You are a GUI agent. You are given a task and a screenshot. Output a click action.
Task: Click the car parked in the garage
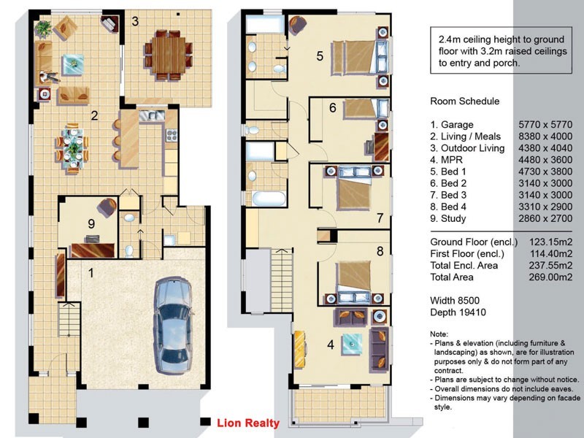click(x=173, y=325)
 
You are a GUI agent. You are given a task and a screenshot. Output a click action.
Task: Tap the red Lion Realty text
click(x=248, y=423)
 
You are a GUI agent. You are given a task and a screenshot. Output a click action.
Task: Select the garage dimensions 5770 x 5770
click(x=545, y=124)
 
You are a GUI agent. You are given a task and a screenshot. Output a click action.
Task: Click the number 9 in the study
click(x=91, y=223)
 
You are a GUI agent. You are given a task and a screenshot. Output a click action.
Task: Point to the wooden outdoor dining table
click(x=169, y=55)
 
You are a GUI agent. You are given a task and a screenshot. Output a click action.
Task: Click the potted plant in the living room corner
click(x=44, y=28)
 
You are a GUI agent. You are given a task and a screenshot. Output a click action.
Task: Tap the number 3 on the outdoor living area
click(x=135, y=21)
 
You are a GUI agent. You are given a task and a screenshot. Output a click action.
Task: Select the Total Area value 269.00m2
click(x=550, y=277)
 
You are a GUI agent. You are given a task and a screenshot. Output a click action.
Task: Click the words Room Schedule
click(x=465, y=101)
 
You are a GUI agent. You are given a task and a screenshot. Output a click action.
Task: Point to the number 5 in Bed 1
click(x=320, y=56)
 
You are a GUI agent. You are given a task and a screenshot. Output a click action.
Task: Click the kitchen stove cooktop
click(x=172, y=135)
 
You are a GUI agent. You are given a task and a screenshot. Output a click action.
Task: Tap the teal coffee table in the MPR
click(x=352, y=344)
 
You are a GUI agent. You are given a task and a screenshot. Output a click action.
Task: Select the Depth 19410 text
click(x=458, y=312)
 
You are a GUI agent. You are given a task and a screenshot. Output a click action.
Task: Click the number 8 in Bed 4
click(x=380, y=251)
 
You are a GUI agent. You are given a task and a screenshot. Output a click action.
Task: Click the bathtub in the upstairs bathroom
click(x=269, y=199)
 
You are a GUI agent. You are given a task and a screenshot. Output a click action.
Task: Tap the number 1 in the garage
click(x=91, y=273)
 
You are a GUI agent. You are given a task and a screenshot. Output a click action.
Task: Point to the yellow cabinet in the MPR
click(x=300, y=349)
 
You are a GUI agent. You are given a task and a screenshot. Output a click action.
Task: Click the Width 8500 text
click(x=455, y=301)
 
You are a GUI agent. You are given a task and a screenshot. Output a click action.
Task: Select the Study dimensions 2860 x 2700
click(x=545, y=218)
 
